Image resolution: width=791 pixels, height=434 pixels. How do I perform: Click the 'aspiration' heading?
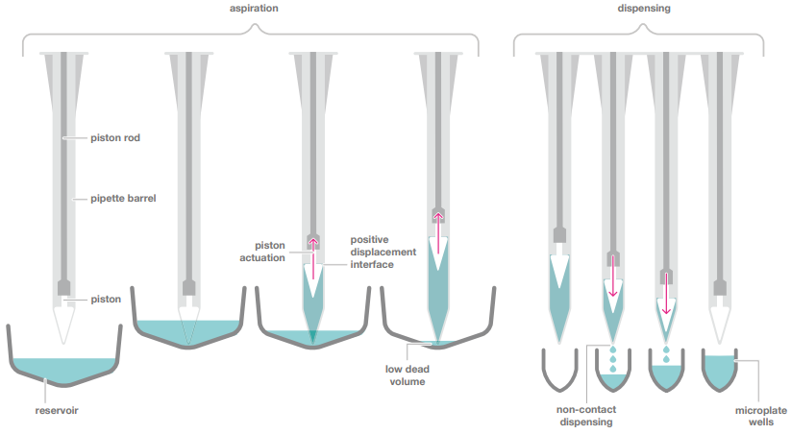tap(253, 8)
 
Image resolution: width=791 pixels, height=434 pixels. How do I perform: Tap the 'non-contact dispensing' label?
tap(585, 414)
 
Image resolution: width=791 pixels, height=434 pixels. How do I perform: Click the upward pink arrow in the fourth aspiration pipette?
tap(438, 233)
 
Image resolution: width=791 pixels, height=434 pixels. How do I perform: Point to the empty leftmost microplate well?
tap(558, 370)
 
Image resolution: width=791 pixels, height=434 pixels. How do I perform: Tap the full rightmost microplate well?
tap(717, 371)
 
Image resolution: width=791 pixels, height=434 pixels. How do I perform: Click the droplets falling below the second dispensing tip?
tap(611, 359)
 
